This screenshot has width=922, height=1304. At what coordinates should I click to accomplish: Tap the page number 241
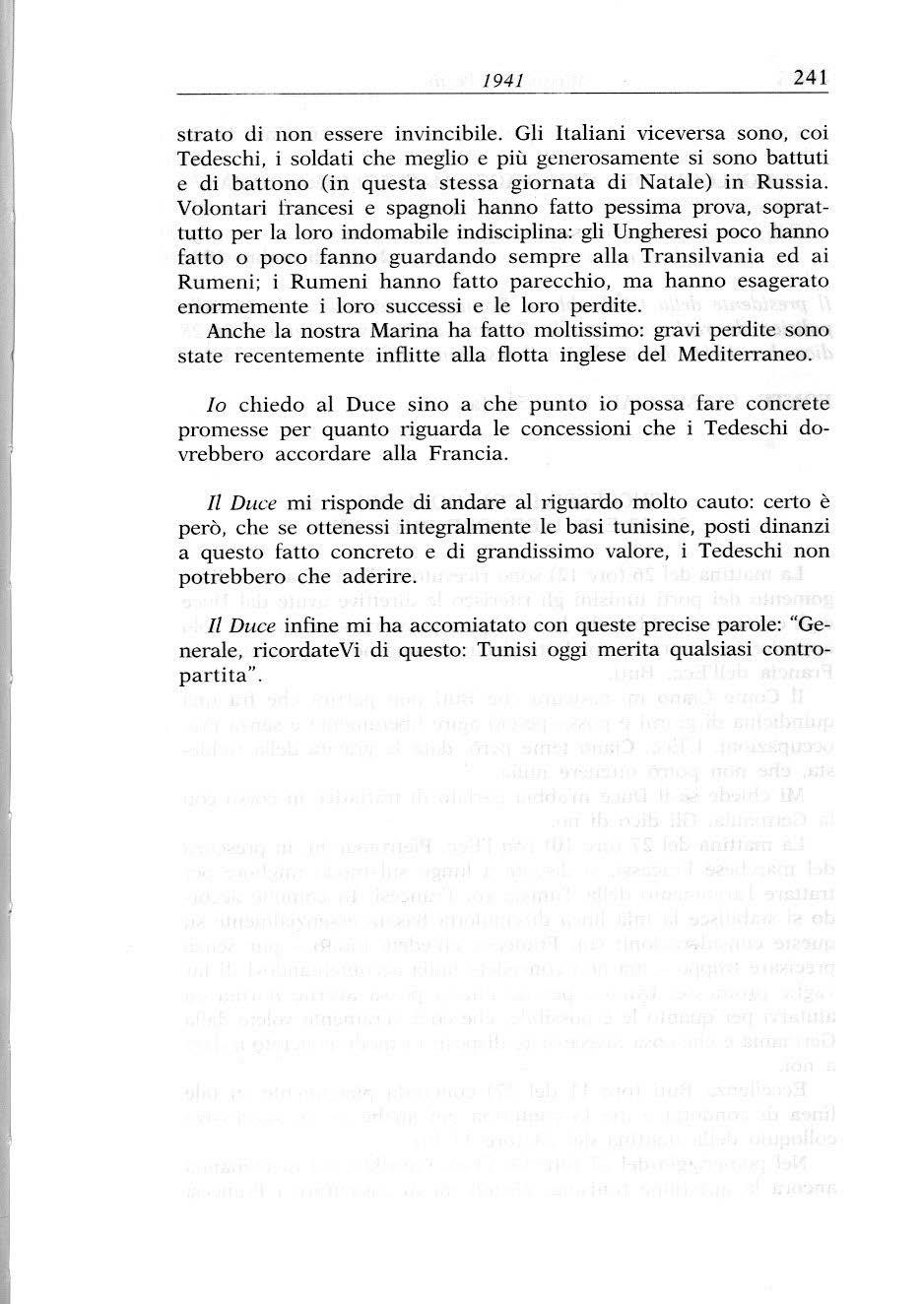pyautogui.click(x=810, y=78)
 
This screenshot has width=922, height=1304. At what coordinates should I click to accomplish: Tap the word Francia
pyautogui.click(x=468, y=455)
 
